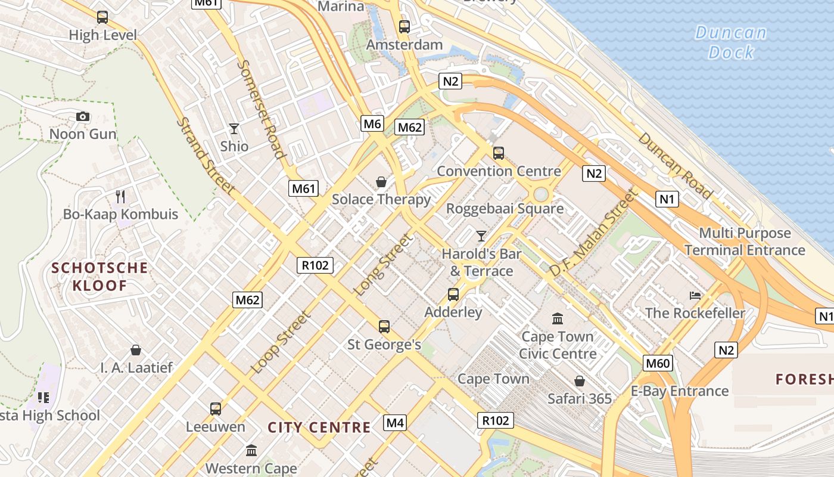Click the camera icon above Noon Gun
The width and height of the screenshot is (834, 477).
pos(83,116)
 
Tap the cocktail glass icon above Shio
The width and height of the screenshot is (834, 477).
pos(234,128)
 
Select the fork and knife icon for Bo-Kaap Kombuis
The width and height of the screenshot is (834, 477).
pos(120,196)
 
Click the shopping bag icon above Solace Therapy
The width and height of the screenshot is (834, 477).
pos(381,182)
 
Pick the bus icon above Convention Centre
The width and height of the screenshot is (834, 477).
pos(499,153)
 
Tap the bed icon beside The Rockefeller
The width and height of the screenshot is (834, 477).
pos(695,295)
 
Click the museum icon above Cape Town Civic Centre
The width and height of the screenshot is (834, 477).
pos(558,318)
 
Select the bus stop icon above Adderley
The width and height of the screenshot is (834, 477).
pos(453,294)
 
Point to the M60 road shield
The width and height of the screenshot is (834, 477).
pos(658,363)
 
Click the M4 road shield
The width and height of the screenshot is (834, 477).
pos(395,423)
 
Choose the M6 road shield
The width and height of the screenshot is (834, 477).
pos(372,124)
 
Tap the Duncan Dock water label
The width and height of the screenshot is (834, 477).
pos(731,42)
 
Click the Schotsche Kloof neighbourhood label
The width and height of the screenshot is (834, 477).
pos(99,276)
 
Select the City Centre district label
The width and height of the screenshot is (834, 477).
pos(319,427)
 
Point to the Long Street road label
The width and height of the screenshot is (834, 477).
pos(384,265)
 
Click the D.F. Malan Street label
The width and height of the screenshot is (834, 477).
pos(593,233)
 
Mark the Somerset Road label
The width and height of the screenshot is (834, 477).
pos(262,109)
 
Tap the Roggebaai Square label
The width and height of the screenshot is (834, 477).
pos(505,209)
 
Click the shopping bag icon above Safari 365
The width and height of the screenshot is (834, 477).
pos(579,381)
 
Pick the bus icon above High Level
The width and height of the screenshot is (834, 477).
pos(102,17)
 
